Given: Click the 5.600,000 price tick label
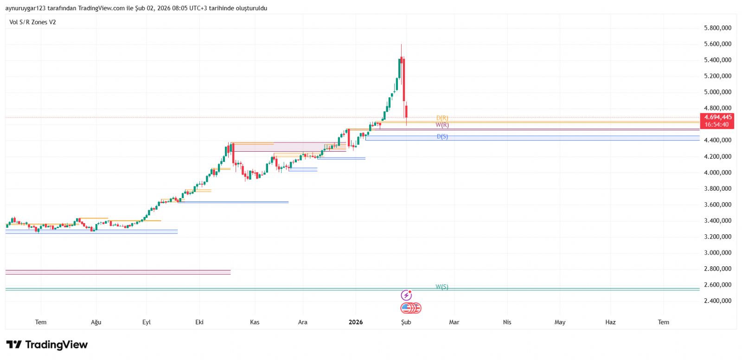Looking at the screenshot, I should tap(717, 44).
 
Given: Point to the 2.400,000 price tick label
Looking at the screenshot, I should tap(717, 301).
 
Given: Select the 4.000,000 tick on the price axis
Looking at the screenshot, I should tap(717, 173).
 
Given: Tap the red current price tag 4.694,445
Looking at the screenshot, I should tap(717, 117).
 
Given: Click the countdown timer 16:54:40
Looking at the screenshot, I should tap(717, 124).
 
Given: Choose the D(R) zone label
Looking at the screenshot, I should tap(442, 118).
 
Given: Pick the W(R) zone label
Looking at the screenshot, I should tap(442, 125).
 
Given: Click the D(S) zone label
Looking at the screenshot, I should tap(442, 137).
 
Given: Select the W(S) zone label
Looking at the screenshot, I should tap(442, 287).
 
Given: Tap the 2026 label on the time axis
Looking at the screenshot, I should tap(356, 322).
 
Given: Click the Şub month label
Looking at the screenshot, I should tap(406, 322).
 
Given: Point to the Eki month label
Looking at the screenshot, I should tap(199, 322).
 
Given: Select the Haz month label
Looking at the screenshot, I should tap(610, 322).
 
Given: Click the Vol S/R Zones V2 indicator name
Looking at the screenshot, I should tap(32, 22).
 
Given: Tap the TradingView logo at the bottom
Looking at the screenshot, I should tap(47, 345).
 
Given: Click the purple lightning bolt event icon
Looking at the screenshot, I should tap(406, 296).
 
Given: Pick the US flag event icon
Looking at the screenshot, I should tap(407, 308).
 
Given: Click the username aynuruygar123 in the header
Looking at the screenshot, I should tap(26, 8).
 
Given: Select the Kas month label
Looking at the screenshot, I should tap(255, 322).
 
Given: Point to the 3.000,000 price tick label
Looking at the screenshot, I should tap(717, 253).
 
